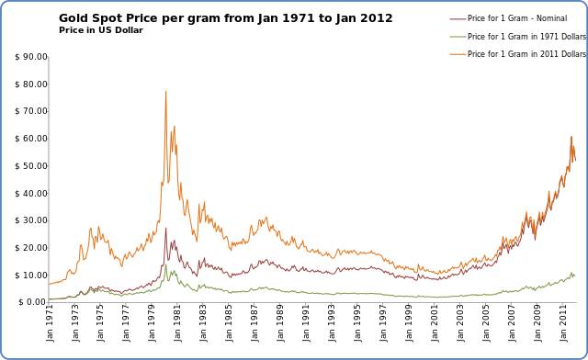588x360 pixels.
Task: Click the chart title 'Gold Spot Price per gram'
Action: click(x=225, y=18)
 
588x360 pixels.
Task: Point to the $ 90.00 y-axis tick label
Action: click(x=31, y=57)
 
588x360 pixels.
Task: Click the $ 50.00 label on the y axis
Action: click(x=31, y=166)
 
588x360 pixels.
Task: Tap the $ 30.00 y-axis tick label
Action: click(x=31, y=220)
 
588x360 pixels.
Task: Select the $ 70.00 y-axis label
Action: click(x=31, y=112)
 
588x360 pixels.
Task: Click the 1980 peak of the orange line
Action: click(x=165, y=91)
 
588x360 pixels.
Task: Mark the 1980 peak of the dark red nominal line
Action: click(x=165, y=229)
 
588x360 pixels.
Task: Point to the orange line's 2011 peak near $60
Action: click(x=571, y=137)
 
